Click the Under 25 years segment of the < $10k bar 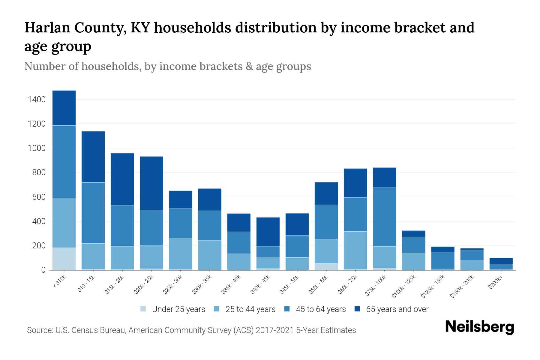64,259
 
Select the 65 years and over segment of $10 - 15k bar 93,157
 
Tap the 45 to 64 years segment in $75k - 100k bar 384,217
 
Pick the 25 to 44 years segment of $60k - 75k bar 355,250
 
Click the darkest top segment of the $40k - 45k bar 268,232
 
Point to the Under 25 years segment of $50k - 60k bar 326,267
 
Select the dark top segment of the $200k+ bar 501,261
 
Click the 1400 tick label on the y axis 37,100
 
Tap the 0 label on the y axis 43,270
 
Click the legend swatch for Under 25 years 143,309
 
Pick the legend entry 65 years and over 397,309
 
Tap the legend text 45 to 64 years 320,309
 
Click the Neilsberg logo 479,327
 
